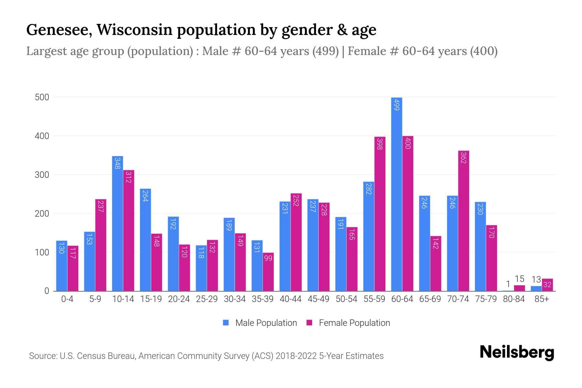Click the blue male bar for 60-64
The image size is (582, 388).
[396, 194]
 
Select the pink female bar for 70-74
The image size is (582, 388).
[464, 221]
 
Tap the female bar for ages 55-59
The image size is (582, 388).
[380, 214]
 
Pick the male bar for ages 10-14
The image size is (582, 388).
[117, 223]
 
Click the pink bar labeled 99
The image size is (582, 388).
[268, 272]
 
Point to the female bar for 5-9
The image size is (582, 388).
[101, 245]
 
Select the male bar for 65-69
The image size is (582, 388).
[424, 243]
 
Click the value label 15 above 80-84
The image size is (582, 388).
[519, 279]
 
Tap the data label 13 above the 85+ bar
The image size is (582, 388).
[536, 279]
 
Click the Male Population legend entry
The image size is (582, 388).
[260, 323]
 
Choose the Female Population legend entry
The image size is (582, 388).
[349, 323]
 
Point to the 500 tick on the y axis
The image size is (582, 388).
[42, 97]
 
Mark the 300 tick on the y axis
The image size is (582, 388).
[42, 175]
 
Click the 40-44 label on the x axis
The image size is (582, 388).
[290, 299]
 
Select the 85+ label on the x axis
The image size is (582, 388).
[542, 299]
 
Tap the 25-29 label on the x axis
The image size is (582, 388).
[207, 299]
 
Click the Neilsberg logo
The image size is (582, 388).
[517, 352]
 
